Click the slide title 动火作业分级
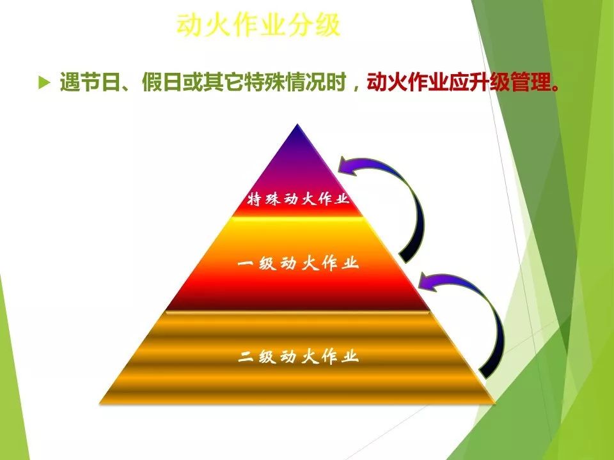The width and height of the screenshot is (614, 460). [x=258, y=25]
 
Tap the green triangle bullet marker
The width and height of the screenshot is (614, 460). [x=44, y=82]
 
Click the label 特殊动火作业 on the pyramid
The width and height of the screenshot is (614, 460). [x=298, y=199]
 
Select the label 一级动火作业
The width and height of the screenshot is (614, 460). [x=298, y=263]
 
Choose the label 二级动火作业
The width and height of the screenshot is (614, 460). [x=298, y=356]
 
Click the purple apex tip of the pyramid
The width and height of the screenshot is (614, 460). [x=297, y=125]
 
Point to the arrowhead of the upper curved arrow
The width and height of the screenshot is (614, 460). [x=347, y=166]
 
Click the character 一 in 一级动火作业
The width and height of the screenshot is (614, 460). [x=246, y=263]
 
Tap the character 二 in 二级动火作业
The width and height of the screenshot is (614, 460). [x=246, y=356]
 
